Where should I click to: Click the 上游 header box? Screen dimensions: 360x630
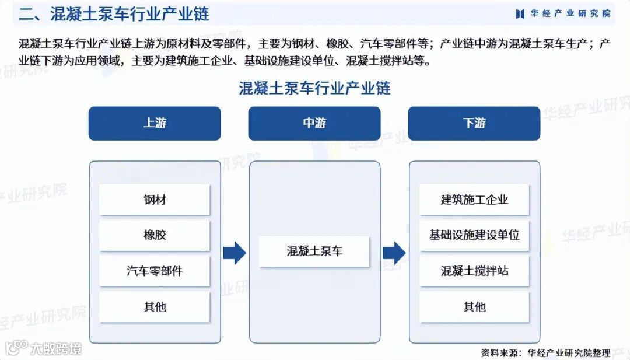(155, 123)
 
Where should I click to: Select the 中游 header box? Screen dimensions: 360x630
(314, 123)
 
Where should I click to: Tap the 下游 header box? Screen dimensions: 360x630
(474, 123)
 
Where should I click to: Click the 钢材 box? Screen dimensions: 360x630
(155, 200)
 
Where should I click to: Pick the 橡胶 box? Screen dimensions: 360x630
(155, 235)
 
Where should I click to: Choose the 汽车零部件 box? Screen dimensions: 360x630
(155, 271)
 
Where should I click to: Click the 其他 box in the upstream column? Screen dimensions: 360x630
(155, 306)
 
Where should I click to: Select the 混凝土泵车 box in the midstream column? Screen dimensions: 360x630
(314, 251)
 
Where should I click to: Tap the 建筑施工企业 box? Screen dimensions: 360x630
(474, 200)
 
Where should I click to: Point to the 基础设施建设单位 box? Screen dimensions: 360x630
(474, 235)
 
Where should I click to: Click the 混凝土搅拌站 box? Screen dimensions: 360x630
(474, 271)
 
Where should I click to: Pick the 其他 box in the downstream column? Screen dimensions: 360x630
(474, 306)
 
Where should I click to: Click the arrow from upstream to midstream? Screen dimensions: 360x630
(235, 252)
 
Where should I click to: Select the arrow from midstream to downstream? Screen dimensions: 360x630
(394, 252)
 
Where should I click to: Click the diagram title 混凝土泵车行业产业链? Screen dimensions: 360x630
(314, 88)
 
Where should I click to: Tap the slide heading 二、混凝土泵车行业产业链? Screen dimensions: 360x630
(114, 14)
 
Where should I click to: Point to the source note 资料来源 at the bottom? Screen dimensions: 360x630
(545, 352)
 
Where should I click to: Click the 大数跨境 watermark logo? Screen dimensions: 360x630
(43, 348)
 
